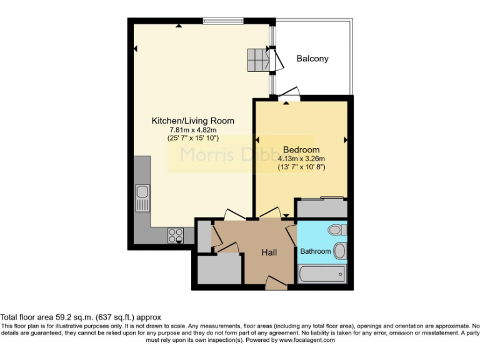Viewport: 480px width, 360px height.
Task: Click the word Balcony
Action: (312, 59)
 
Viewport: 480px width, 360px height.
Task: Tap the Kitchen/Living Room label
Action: (193, 121)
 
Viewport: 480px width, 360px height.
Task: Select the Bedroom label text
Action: (301, 150)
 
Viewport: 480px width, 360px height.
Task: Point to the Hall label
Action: (269, 252)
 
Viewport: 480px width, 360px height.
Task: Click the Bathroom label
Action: (316, 251)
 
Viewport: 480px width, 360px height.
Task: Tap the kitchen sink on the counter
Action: (142, 198)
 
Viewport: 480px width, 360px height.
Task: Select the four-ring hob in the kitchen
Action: (176, 235)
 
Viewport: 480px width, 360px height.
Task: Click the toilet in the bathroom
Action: (337, 230)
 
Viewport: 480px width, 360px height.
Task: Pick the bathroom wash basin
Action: (339, 251)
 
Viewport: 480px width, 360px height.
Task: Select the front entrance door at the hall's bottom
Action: (276, 285)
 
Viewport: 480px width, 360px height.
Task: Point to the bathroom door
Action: (292, 234)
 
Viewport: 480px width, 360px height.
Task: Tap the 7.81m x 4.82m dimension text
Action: (192, 129)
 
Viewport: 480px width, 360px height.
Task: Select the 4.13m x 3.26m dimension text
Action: (301, 159)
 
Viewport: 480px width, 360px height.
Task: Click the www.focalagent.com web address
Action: (306, 341)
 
